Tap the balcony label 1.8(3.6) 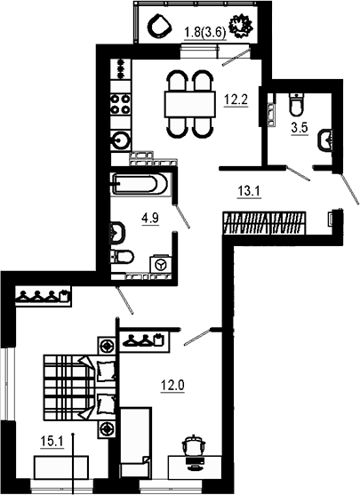(x=203, y=35)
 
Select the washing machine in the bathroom (x=160, y=265)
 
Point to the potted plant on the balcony (x=240, y=29)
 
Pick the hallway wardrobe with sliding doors (x=267, y=220)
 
